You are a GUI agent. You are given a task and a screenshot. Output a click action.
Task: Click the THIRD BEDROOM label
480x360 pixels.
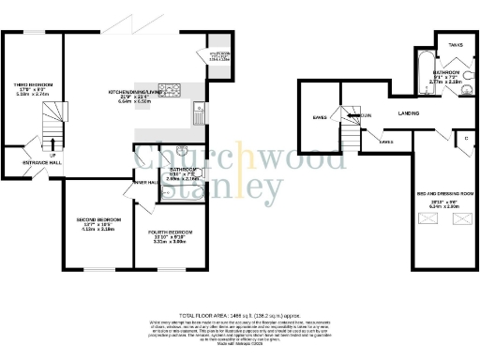[x=33, y=84]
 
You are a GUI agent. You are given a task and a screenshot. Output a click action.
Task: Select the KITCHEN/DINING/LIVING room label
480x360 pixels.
[x=131, y=92]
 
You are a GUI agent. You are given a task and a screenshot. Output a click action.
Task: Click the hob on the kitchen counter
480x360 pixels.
[x=173, y=91]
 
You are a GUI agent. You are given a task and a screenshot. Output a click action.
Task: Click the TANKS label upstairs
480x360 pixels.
[x=455, y=44]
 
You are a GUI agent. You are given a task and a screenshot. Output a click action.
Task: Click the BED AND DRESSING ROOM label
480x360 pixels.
[x=445, y=194]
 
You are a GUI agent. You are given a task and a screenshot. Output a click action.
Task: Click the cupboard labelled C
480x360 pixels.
[x=465, y=138]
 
